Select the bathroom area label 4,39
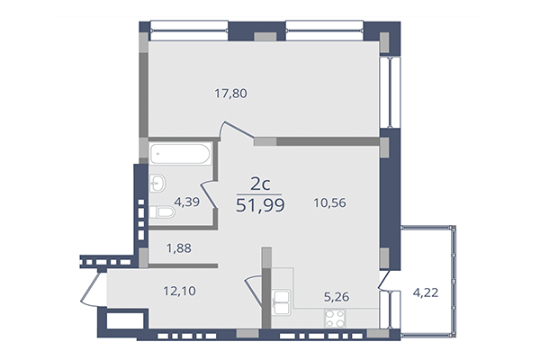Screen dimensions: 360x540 pyautogui.click(x=187, y=202)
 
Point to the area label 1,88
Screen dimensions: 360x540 pyautogui.click(x=177, y=248)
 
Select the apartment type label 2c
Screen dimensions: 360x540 pyautogui.click(x=261, y=184)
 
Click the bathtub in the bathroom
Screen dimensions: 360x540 pyautogui.click(x=180, y=155)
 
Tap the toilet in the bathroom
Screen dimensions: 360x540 pyautogui.click(x=163, y=213)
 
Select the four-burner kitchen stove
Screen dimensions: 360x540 pyautogui.click(x=336, y=318)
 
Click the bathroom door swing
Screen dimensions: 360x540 pyautogui.click(x=208, y=194)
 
